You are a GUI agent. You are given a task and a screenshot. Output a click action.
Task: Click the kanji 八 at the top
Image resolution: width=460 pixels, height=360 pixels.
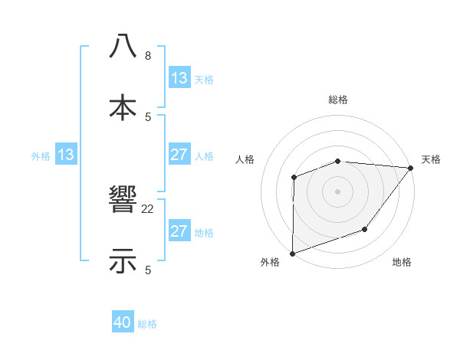click(123, 46)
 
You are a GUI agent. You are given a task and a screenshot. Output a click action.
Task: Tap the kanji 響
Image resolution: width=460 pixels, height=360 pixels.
click(123, 200)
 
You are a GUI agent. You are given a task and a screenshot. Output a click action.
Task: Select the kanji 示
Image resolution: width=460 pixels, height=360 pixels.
click(123, 260)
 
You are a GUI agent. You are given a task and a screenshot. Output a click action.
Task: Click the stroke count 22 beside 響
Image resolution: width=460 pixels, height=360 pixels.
click(148, 209)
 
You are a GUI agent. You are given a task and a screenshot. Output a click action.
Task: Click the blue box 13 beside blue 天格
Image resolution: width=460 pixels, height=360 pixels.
click(179, 78)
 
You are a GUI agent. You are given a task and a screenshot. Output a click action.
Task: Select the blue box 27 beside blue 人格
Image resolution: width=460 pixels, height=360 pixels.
click(179, 155)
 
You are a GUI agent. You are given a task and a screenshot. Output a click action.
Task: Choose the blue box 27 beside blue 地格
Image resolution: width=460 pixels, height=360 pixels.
click(179, 231)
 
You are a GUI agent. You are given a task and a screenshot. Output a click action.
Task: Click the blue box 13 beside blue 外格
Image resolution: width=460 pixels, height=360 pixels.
click(66, 155)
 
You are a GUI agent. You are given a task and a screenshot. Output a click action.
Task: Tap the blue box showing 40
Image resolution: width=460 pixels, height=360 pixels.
click(123, 323)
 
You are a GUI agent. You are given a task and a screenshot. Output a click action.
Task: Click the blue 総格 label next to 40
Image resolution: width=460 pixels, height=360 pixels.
click(147, 324)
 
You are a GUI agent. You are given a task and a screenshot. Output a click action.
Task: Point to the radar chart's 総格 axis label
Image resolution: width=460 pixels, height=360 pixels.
click(337, 100)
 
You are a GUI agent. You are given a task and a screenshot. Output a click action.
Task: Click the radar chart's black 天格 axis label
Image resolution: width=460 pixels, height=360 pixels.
click(431, 159)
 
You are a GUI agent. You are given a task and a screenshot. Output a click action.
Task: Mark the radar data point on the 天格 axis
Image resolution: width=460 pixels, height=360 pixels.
click(411, 167)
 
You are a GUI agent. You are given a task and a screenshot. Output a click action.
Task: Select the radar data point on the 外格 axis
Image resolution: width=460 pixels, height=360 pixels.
click(292, 253)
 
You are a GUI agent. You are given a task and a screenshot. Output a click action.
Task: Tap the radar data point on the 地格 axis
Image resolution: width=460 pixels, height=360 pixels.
click(366, 229)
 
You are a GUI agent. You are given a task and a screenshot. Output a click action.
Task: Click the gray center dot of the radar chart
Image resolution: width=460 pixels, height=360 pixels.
click(337, 191)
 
